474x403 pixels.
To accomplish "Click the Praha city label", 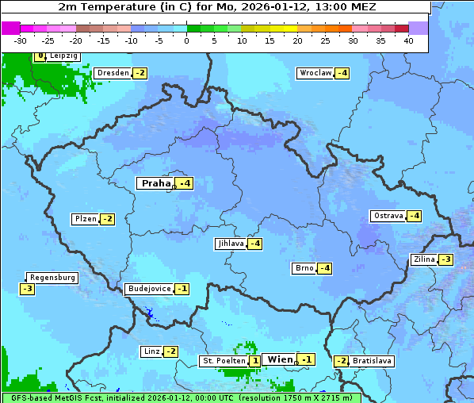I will pos(155,183).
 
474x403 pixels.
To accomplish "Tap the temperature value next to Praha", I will pos(184,183).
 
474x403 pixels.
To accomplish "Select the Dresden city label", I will pos(113,73).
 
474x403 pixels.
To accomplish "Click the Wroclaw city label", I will pos(315,73).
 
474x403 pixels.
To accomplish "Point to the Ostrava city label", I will pos(388,216).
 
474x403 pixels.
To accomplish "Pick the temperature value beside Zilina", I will pos(446,259).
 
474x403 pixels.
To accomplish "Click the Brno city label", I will pos(304,268).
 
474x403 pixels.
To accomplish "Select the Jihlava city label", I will pos(230,244).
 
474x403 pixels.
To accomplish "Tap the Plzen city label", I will pos(85,219).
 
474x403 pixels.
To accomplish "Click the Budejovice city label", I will pos(148,289).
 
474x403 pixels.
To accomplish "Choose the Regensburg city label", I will pos(52,278).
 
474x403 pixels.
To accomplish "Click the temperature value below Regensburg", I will pos(27,289).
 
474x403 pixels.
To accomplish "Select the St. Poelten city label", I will pos(223,361).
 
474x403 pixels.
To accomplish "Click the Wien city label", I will pos(280,359).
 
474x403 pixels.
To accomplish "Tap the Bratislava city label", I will pos(372,361).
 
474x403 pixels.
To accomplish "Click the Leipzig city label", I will pos(63,56).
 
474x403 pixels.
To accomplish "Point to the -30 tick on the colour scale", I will pos(21,40).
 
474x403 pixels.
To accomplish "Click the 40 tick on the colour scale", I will pos(408,40).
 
